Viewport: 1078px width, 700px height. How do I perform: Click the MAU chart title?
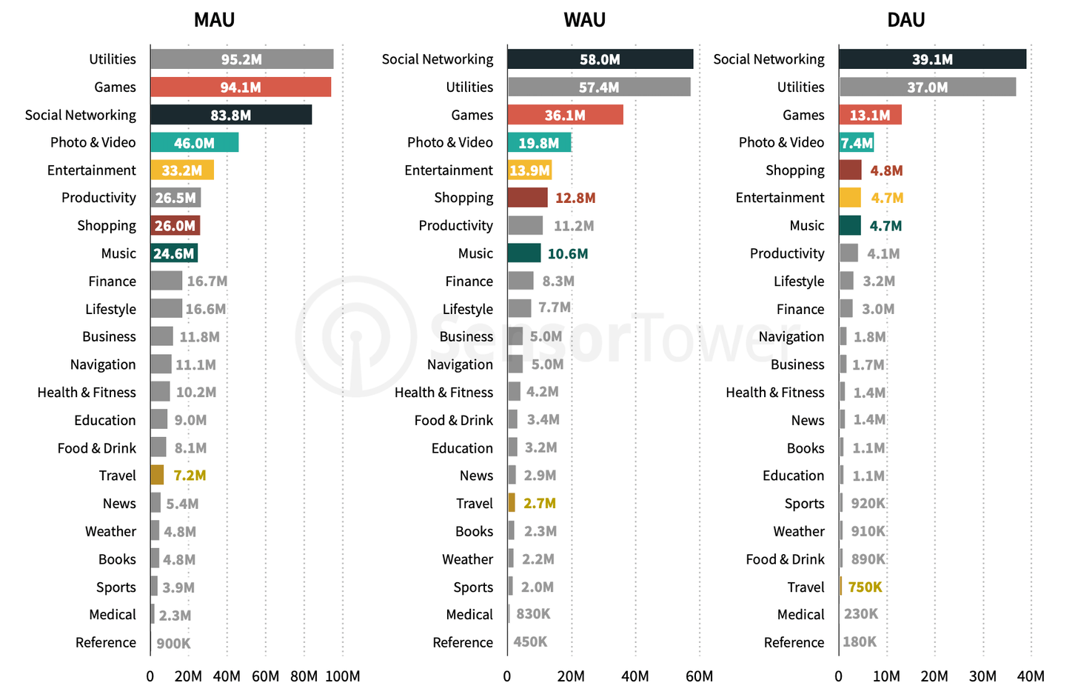tap(214, 20)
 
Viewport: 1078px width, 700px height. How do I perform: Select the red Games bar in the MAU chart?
tap(241, 87)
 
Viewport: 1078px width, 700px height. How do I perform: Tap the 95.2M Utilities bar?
tap(241, 59)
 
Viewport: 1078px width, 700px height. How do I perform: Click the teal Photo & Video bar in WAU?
tap(539, 143)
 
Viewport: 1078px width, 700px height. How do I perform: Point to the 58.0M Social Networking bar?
tap(600, 59)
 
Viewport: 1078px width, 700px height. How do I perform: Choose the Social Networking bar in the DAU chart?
tap(932, 59)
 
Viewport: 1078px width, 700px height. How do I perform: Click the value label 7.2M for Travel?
tap(190, 476)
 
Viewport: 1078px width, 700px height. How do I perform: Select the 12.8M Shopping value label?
tap(575, 199)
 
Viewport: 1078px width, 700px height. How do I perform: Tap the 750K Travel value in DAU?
tap(865, 587)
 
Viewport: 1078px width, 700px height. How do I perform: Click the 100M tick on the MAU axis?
tap(343, 676)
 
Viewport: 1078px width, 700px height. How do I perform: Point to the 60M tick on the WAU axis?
tap(700, 676)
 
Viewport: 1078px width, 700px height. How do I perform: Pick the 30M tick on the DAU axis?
tap(982, 676)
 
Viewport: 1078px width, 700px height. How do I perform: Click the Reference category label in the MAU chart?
tap(106, 643)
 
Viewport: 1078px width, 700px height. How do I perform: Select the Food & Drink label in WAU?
tap(453, 421)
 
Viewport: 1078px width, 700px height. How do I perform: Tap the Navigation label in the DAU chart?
tap(791, 337)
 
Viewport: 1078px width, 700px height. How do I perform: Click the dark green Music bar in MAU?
tap(174, 254)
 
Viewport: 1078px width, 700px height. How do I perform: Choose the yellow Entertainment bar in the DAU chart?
tap(850, 199)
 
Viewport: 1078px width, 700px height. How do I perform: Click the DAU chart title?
tap(905, 20)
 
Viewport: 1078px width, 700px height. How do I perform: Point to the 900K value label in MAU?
tap(173, 644)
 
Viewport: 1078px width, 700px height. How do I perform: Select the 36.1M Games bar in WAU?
tap(565, 115)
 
